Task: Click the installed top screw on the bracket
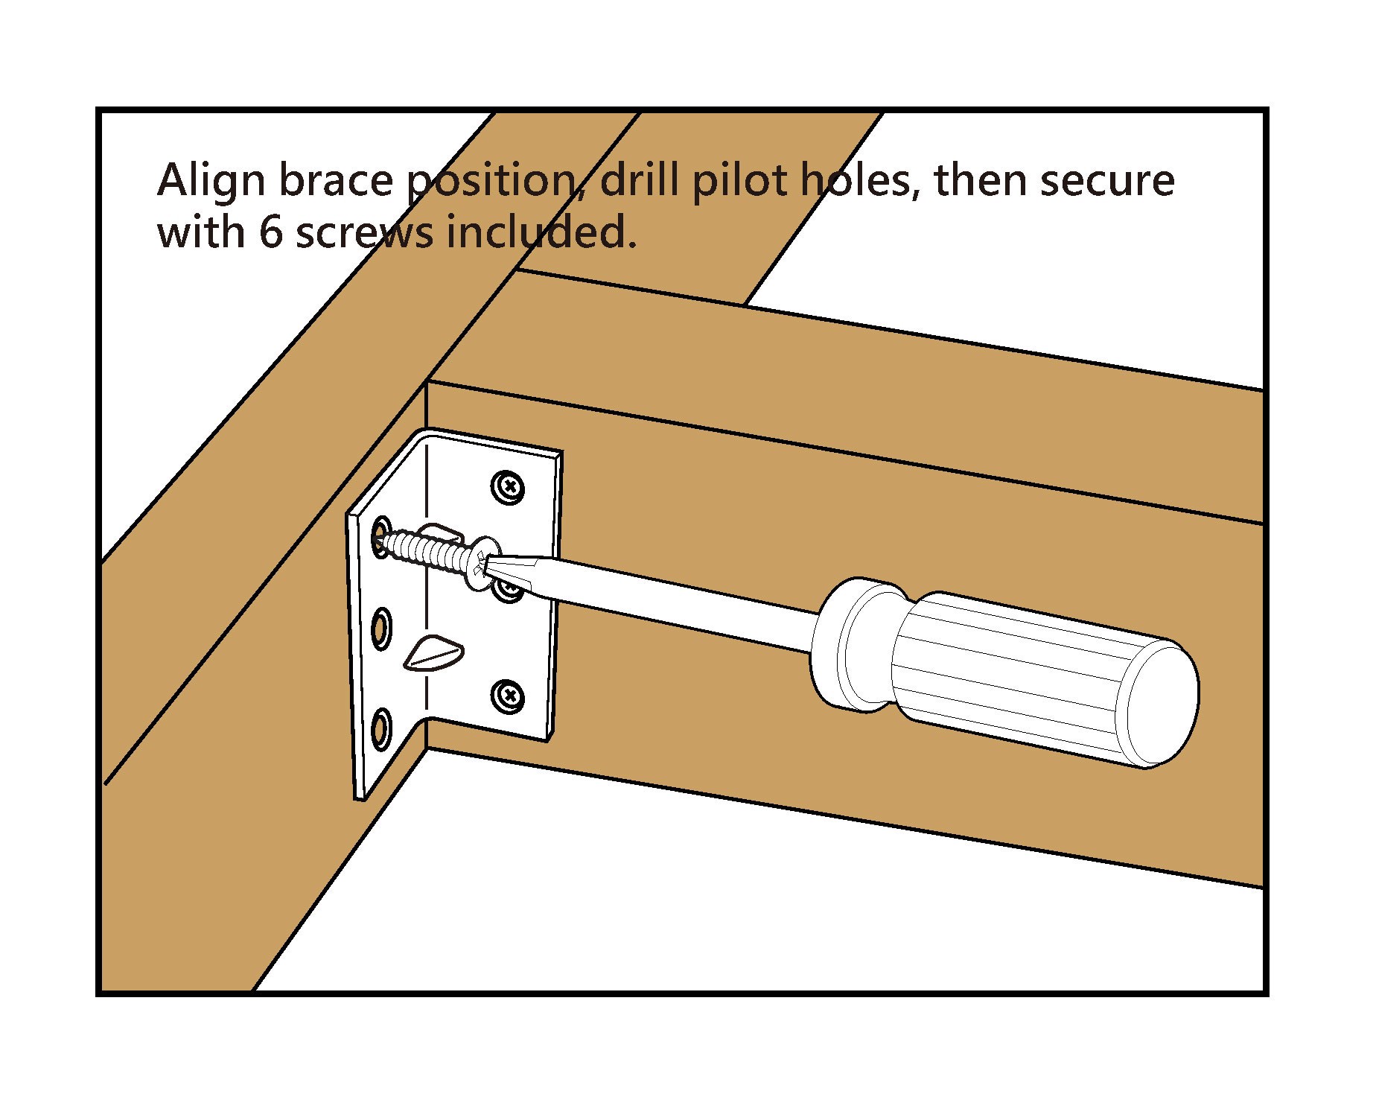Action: (x=509, y=487)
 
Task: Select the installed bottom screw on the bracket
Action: (x=509, y=696)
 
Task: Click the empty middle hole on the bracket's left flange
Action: (x=381, y=627)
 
